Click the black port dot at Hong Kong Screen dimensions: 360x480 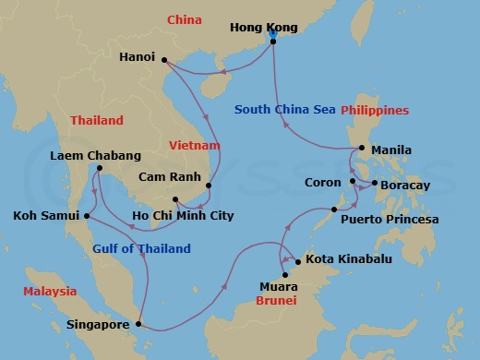(x=272, y=41)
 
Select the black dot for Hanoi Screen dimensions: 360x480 (x=164, y=61)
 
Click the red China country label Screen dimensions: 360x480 (x=185, y=20)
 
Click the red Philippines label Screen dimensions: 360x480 (x=375, y=110)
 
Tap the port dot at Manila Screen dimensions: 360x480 (x=362, y=149)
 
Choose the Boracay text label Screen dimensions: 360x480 (x=409, y=184)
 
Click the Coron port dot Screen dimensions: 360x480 (x=353, y=182)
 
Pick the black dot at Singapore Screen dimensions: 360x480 (x=138, y=324)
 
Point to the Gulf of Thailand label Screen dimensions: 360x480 (x=141, y=248)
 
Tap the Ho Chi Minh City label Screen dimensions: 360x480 (x=183, y=216)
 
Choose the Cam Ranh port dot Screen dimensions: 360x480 (x=209, y=186)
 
